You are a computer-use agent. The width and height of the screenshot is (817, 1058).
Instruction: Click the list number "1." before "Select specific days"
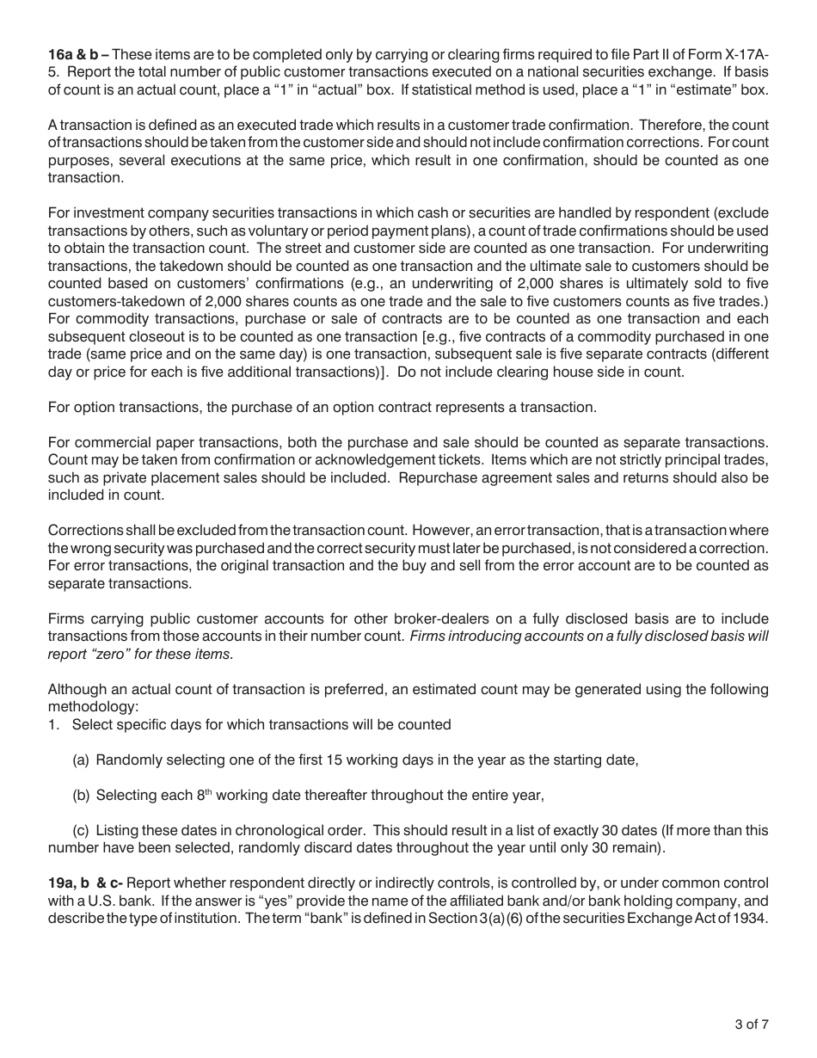click(54, 724)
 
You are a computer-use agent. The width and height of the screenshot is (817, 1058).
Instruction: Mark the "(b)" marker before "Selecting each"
click(81, 796)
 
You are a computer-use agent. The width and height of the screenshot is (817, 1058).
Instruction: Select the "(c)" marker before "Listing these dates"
click(81, 831)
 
